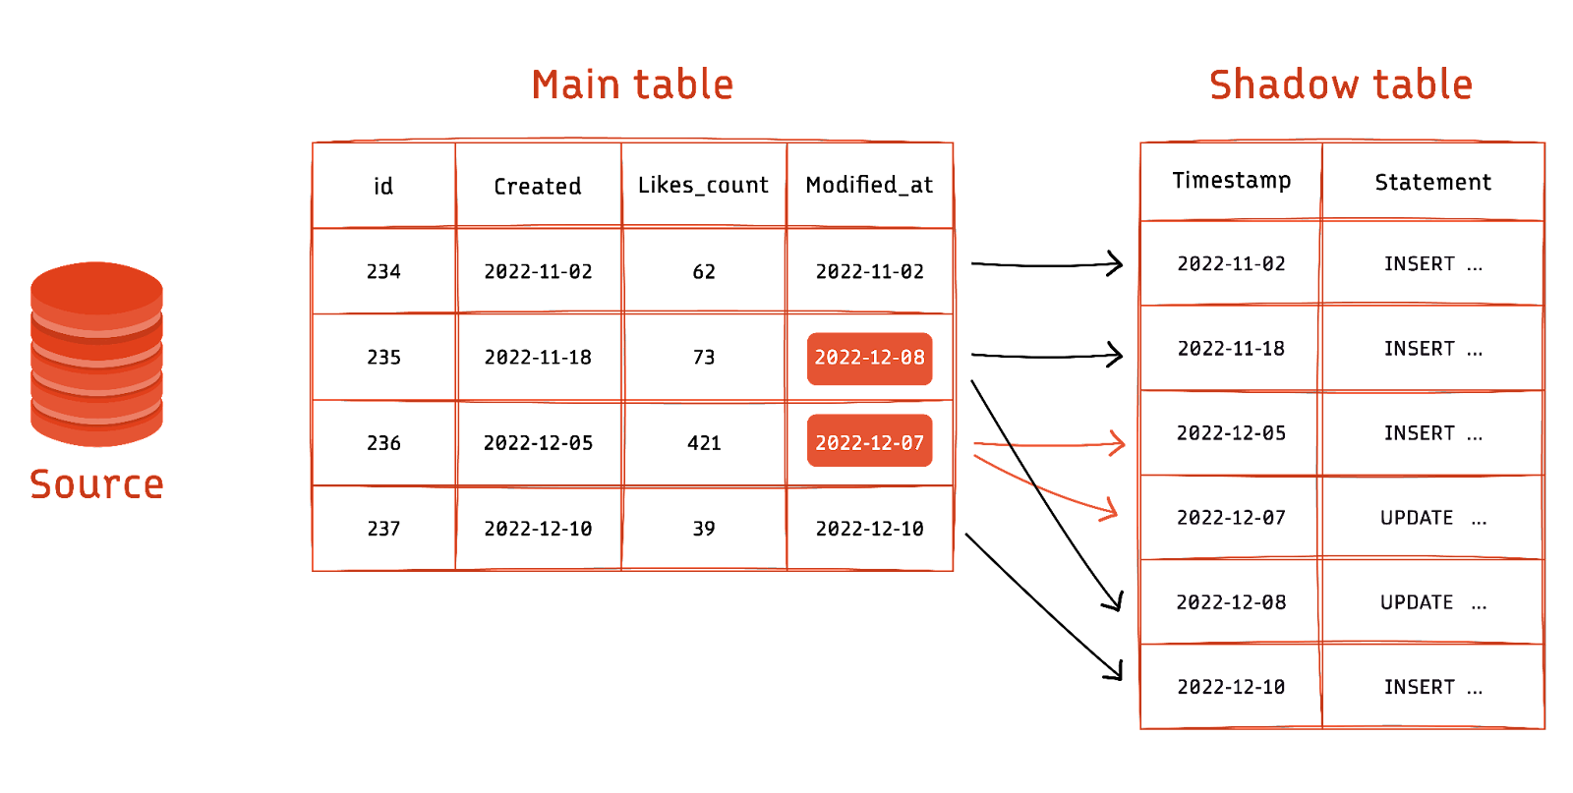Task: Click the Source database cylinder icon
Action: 96,354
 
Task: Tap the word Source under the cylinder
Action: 96,483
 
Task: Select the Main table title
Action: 633,85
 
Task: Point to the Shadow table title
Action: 1340,85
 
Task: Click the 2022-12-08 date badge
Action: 869,358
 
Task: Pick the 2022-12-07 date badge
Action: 869,443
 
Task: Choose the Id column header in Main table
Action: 383,185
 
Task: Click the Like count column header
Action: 703,185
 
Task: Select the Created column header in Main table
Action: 538,185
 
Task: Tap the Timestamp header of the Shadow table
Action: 1231,182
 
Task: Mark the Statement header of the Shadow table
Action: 1432,182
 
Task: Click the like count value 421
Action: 703,443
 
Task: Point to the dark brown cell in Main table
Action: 703,358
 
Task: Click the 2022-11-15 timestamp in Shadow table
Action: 1231,349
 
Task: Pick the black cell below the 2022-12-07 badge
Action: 869,528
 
